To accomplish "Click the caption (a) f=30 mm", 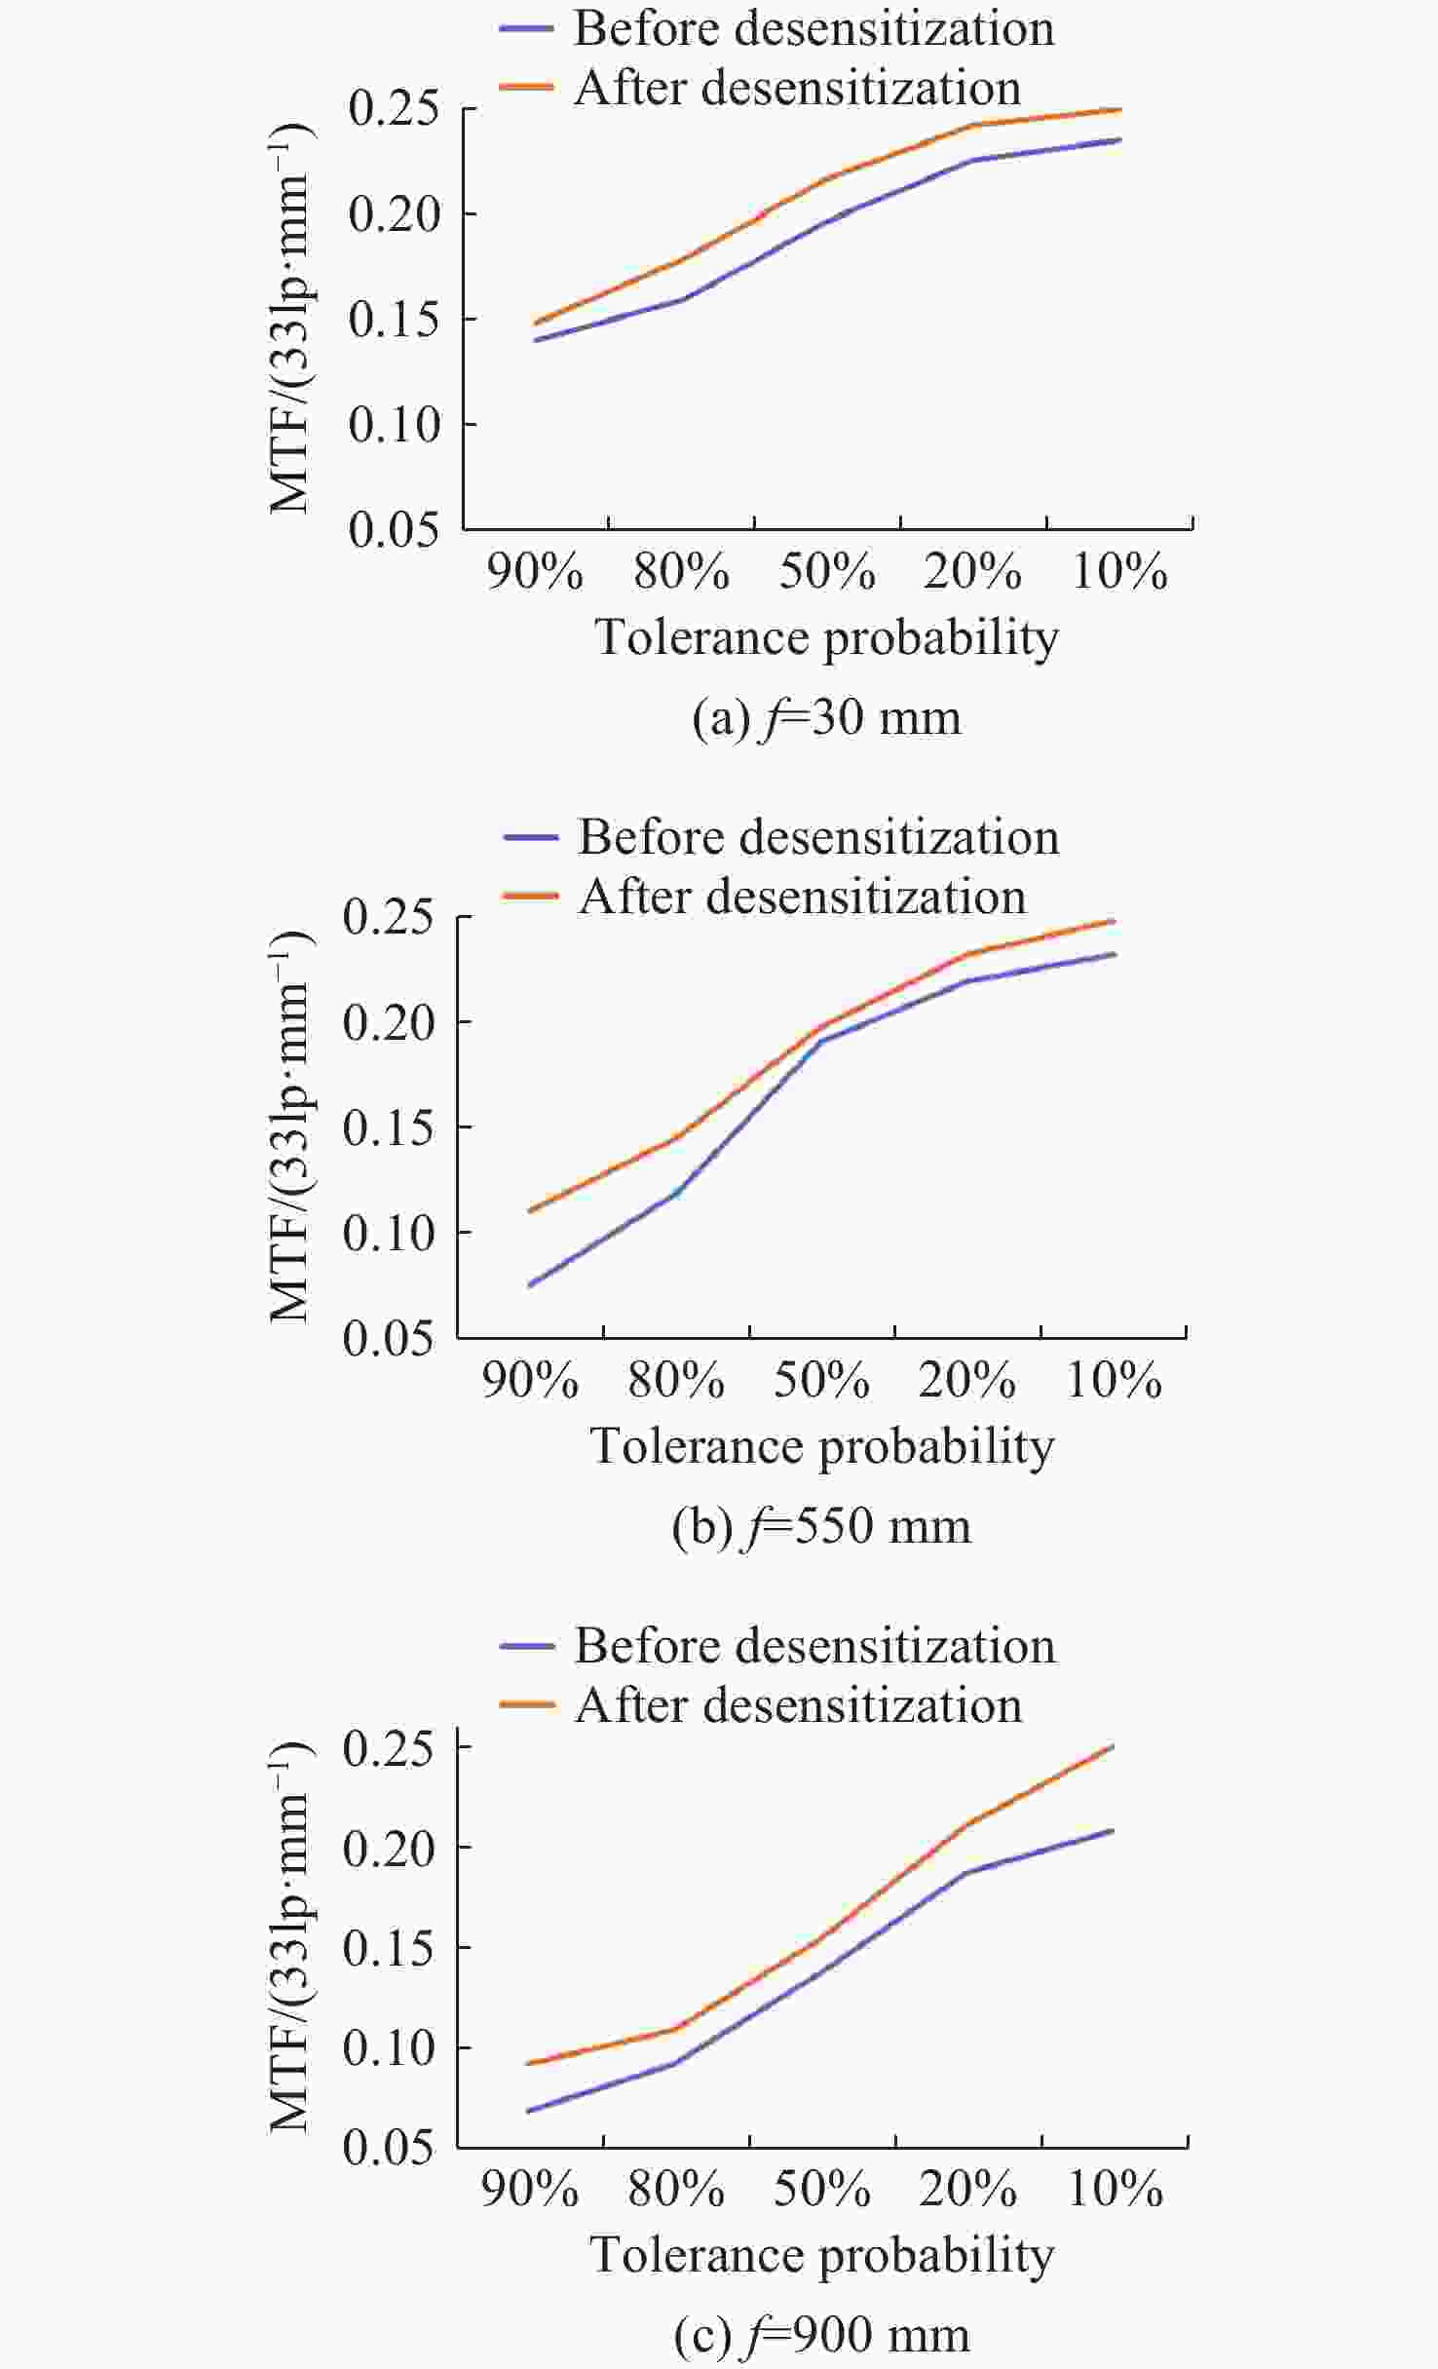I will (x=826, y=718).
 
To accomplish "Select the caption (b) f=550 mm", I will (x=821, y=1526).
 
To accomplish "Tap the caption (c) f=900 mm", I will (x=821, y=2336).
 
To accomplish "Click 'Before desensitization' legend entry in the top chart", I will (x=814, y=28).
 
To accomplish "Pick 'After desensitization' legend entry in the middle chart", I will (x=802, y=897).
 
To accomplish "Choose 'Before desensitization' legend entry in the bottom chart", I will (x=814, y=1646).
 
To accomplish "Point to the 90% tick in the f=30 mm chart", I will (x=535, y=571).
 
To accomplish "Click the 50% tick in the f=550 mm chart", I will (x=821, y=1381).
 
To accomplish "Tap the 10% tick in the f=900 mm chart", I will (x=1116, y=2190).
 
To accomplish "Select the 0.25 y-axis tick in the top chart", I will (x=395, y=108).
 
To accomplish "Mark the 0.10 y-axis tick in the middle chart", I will (x=389, y=1233).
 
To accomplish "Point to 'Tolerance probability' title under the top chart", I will (x=826, y=638).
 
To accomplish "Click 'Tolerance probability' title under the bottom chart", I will (x=821, y=2256).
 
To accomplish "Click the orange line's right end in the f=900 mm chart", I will (x=1113, y=1746).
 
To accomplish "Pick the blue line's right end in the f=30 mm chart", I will (x=1119, y=140).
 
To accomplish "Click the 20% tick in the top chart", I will (x=972, y=571).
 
